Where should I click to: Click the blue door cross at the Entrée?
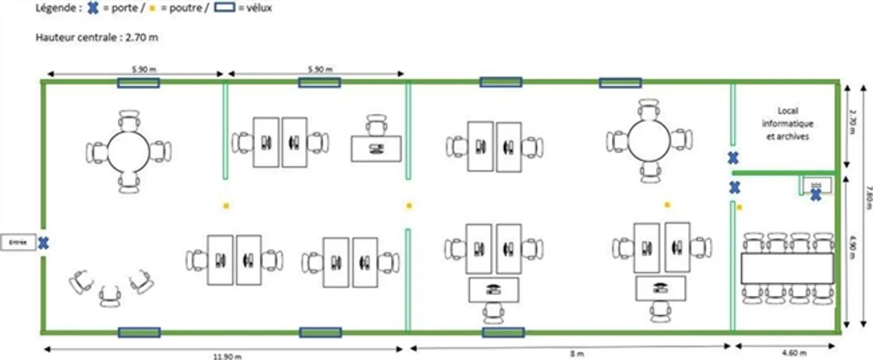[x=43, y=243]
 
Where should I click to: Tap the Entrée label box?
[x=18, y=242]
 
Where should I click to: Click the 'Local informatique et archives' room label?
[x=788, y=124]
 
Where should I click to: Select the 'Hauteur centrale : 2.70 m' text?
[x=98, y=38]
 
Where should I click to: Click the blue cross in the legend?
[x=93, y=8]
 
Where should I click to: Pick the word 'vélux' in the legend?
[x=259, y=8]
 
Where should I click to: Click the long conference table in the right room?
[x=787, y=268]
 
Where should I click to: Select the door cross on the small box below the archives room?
[x=816, y=195]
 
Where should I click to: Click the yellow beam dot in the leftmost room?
[x=226, y=205]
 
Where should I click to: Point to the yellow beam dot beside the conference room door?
[x=739, y=207]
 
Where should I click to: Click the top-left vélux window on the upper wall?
[x=138, y=83]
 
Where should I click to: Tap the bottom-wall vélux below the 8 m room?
[x=503, y=332]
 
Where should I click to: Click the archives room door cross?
[x=733, y=159]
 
